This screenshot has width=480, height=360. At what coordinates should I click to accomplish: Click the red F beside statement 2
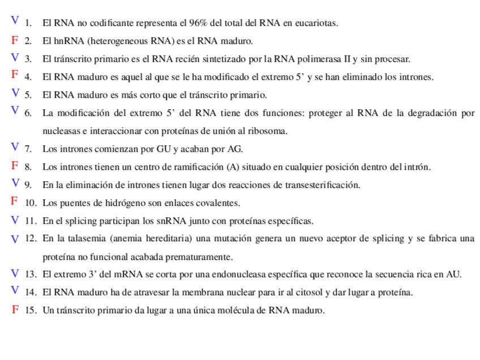(x=15, y=40)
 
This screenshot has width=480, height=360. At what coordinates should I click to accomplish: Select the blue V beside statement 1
(x=15, y=21)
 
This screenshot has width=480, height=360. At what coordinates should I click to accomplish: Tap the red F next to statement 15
(x=15, y=310)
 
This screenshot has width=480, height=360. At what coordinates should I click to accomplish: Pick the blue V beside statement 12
(x=15, y=239)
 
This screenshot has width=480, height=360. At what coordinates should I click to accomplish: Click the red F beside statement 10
(x=15, y=201)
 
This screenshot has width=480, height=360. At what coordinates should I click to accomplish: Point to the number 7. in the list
(x=28, y=149)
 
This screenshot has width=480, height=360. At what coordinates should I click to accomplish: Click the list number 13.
(x=31, y=275)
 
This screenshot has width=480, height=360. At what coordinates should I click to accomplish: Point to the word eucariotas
(x=317, y=23)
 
